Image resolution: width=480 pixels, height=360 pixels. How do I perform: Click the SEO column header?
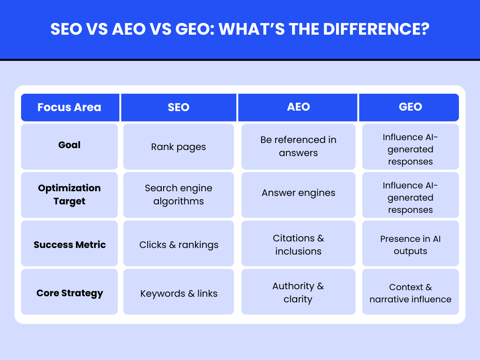coord(179,107)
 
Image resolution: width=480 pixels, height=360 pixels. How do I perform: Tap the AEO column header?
coord(299,107)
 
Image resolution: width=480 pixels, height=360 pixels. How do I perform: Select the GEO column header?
coord(410,107)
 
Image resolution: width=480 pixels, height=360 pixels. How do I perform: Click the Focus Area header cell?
coord(69,107)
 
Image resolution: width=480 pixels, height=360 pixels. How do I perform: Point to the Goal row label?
coord(69,145)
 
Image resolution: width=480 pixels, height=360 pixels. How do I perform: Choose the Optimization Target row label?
coord(69,195)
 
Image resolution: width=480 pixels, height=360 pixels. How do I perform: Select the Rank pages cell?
coord(179,147)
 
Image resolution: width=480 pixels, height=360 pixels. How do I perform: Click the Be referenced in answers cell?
coord(299,146)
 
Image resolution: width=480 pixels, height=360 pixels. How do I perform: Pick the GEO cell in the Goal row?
coord(410,150)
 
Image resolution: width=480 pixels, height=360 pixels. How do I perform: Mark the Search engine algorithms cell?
coord(179,195)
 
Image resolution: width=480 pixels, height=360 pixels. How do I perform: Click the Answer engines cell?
coord(299,193)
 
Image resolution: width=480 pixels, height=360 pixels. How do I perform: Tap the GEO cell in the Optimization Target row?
coord(410,198)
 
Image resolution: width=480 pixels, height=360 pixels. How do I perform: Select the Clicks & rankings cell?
coord(179,245)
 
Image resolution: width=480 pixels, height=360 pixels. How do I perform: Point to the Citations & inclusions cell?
coord(299,245)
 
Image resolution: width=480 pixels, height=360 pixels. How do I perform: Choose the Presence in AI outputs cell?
coord(410,245)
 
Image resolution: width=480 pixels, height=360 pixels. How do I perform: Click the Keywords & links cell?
coord(179,294)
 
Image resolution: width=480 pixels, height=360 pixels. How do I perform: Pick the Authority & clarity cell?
coord(299,292)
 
